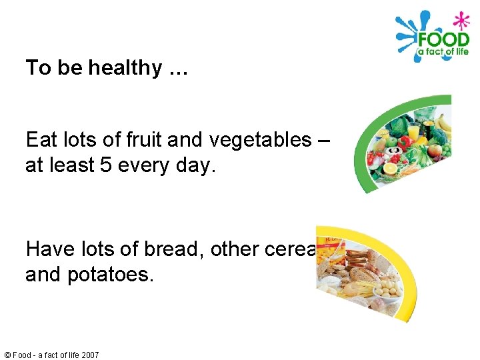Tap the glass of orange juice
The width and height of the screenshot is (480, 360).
click(413, 132)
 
